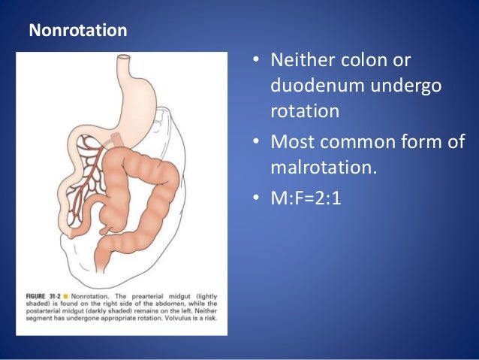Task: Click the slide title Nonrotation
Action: [77, 32]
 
